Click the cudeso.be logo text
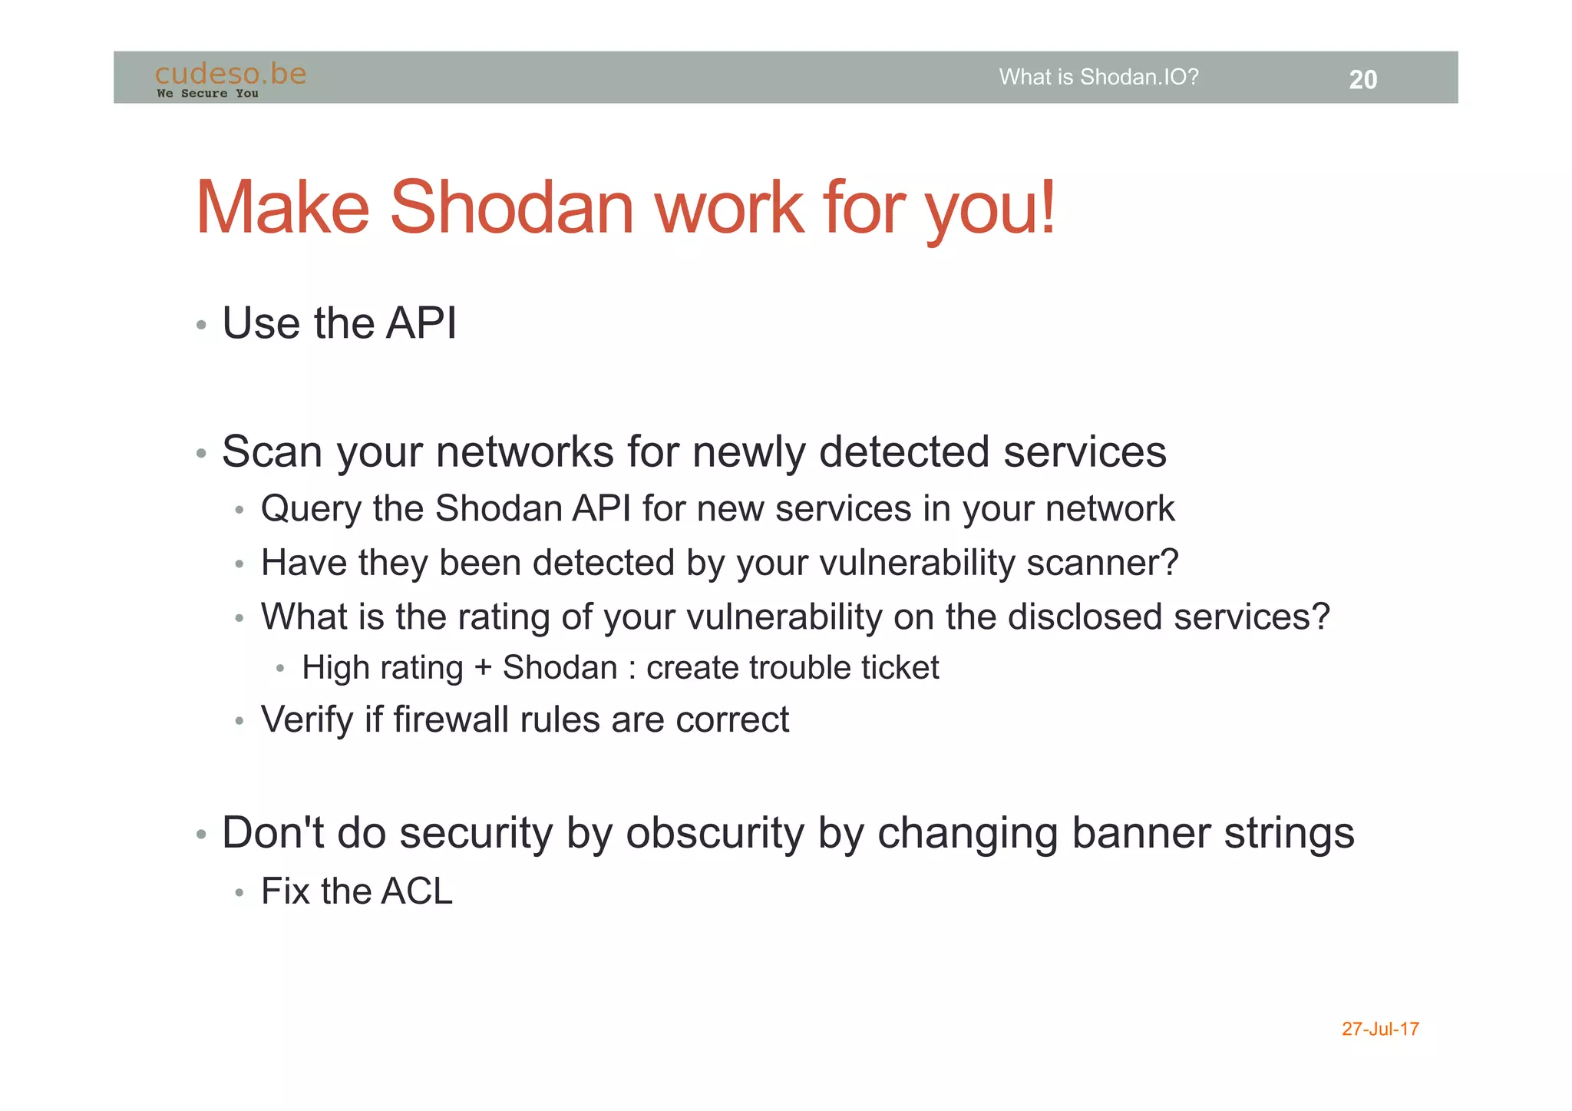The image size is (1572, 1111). (x=230, y=74)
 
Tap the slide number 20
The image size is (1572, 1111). (x=1362, y=80)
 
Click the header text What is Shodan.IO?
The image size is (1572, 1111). (x=1098, y=78)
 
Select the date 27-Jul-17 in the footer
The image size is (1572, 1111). (x=1379, y=1029)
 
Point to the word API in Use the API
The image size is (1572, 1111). (x=421, y=323)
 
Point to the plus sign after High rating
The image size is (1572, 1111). (x=483, y=667)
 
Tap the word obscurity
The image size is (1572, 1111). (x=715, y=834)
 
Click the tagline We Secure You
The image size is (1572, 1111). (x=207, y=94)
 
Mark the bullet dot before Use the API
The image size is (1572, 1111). (x=201, y=326)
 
